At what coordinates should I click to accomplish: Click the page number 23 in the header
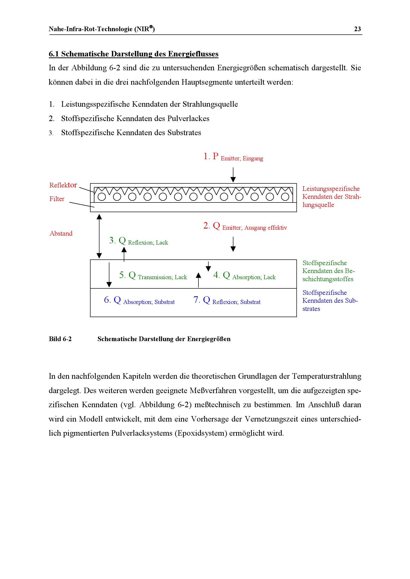pos(357,29)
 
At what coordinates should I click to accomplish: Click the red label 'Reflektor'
pos(63,185)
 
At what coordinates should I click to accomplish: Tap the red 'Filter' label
pos(57,199)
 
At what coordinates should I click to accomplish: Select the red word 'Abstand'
pos(61,233)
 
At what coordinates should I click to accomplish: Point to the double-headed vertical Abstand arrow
pos(99,236)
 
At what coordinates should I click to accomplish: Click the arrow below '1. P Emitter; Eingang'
pos(233,175)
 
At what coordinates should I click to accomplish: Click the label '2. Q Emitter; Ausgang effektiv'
pos(245,226)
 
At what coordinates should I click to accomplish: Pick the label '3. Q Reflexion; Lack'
pos(138,241)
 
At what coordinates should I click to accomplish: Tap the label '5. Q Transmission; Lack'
pos(153,276)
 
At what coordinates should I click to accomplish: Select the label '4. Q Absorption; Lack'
pos(244,276)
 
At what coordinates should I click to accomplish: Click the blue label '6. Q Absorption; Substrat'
pos(139,300)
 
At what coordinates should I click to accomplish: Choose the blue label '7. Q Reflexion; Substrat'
pos(227,300)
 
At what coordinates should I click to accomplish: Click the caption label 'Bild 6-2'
pos(60,339)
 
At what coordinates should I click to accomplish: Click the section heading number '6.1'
pos(54,54)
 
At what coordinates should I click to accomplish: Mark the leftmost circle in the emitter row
pos(101,197)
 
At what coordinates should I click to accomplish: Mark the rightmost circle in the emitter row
pos(285,197)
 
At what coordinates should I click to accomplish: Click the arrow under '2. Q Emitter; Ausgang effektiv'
pos(233,244)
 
